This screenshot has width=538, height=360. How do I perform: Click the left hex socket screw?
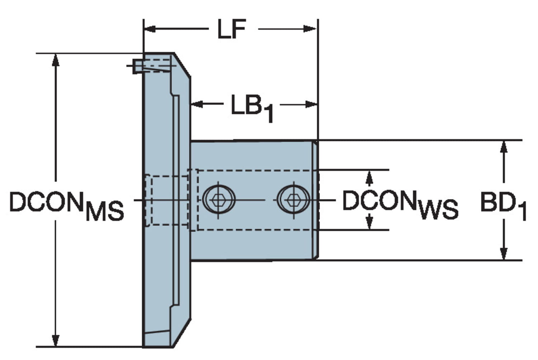pyautogui.click(x=219, y=199)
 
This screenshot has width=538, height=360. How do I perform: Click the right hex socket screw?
pyautogui.click(x=293, y=199)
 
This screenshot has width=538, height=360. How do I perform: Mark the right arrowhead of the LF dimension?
pyautogui.click(x=310, y=29)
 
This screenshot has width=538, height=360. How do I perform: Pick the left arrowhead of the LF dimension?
pyautogui.click(x=151, y=29)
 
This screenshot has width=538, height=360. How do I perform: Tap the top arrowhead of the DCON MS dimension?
pyautogui.click(x=55, y=60)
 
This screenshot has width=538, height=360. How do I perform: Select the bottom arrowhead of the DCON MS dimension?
pyautogui.click(x=55, y=340)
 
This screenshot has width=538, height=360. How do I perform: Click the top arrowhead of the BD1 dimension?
pyautogui.click(x=504, y=147)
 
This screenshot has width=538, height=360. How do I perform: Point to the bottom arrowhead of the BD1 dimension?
pyautogui.click(x=504, y=253)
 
